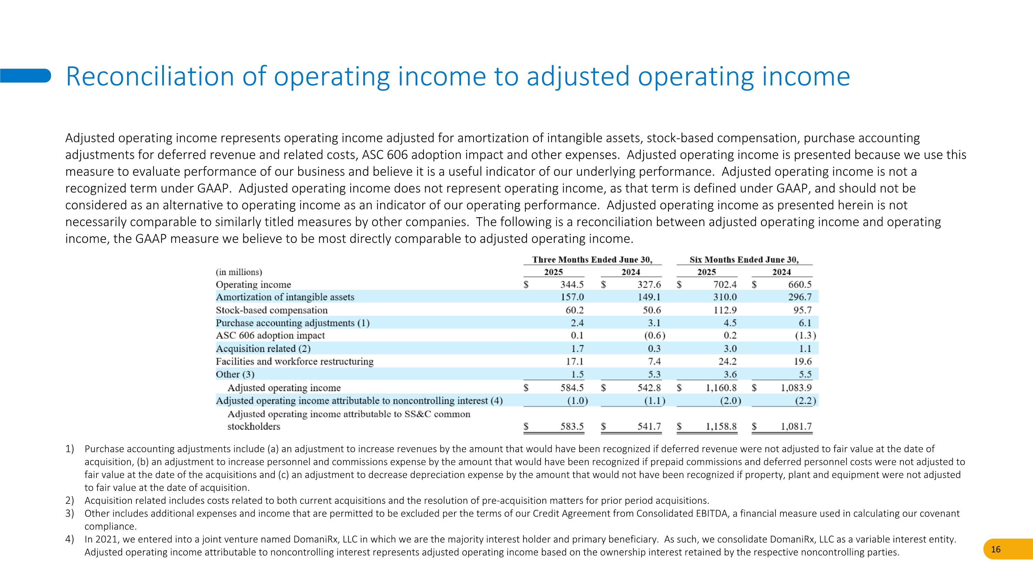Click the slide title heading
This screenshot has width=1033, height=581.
(x=457, y=76)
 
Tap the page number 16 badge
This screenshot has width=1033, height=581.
(x=996, y=549)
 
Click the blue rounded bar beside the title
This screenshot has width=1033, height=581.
(x=25, y=75)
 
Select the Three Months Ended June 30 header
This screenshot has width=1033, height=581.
(x=592, y=260)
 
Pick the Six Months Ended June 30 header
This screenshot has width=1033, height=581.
(x=744, y=260)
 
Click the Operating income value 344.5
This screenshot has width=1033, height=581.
(x=572, y=285)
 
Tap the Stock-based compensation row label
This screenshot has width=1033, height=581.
(x=271, y=310)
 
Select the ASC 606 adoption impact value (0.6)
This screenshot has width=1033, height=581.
(x=651, y=335)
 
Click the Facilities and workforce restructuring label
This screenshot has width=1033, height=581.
(x=294, y=362)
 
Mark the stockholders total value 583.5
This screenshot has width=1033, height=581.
(x=572, y=426)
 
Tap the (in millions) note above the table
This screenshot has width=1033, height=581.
(x=239, y=272)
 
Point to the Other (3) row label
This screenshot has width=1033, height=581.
(x=235, y=374)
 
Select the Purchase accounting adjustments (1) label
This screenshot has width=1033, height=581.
(x=292, y=323)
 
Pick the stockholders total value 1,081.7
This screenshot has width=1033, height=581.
(x=796, y=426)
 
